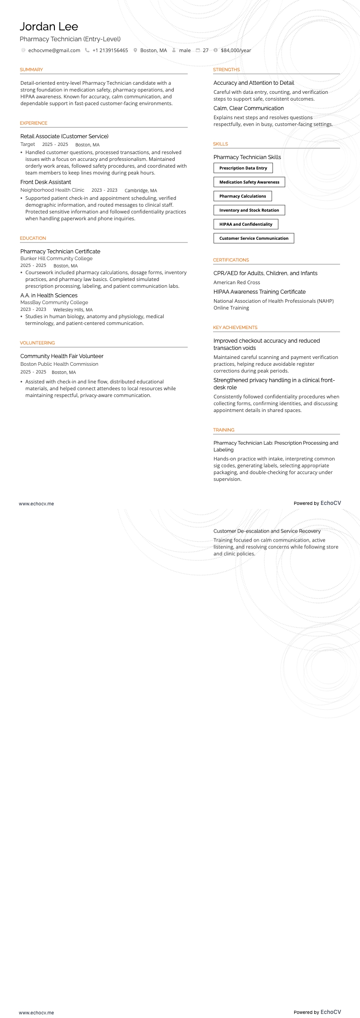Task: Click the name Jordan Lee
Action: (x=49, y=27)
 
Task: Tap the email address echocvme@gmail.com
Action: (x=54, y=50)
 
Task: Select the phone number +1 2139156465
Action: (x=110, y=50)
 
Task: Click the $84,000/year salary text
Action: (x=236, y=50)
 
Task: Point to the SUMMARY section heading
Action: (x=31, y=70)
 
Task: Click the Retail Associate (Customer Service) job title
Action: (x=64, y=136)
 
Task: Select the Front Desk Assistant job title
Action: (x=46, y=182)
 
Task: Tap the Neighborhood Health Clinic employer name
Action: (x=52, y=190)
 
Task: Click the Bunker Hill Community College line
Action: (x=56, y=259)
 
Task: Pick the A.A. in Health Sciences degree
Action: (x=49, y=296)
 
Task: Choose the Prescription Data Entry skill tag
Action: (x=243, y=168)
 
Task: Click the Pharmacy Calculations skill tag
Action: (x=243, y=196)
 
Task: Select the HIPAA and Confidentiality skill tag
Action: (x=246, y=224)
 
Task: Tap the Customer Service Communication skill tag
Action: (x=254, y=238)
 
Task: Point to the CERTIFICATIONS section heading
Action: (x=231, y=260)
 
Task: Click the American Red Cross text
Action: (x=237, y=282)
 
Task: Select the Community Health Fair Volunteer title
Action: (x=62, y=356)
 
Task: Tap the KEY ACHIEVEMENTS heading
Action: (x=235, y=328)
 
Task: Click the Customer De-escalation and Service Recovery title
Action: (x=267, y=531)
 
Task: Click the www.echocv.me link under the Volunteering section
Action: (x=36, y=504)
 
